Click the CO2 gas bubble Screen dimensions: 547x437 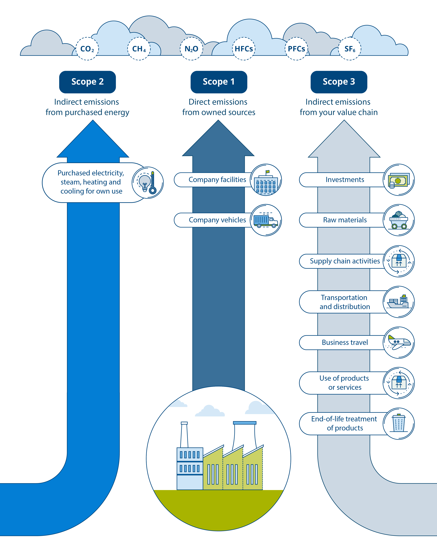pos(87,49)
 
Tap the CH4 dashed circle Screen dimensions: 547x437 pos(139,49)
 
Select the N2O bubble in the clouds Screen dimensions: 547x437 pos(192,49)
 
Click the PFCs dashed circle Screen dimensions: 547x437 pos(296,49)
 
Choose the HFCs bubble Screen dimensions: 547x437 pos(244,49)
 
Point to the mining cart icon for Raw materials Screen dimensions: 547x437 pos(399,220)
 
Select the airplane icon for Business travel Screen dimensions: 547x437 pos(399,343)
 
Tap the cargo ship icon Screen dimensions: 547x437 pos(399,302)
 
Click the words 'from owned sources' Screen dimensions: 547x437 pos(219,112)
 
